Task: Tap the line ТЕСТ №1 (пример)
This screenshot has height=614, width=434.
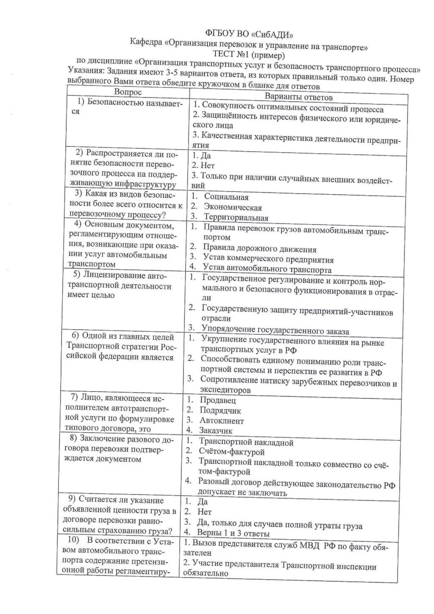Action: [x=249, y=55]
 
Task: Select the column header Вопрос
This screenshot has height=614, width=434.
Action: [x=128, y=92]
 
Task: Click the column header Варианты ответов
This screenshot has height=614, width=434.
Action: [x=299, y=97]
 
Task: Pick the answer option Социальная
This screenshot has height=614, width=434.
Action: [x=226, y=197]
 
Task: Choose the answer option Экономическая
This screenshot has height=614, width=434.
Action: [x=233, y=208]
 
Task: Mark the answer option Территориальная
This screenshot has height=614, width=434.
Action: [x=236, y=218]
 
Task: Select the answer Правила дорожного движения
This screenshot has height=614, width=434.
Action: [x=259, y=249]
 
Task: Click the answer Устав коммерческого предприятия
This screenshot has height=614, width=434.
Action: [x=268, y=259]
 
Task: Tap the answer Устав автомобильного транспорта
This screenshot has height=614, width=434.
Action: [x=267, y=269]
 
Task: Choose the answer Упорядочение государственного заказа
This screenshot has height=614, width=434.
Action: [x=275, y=330]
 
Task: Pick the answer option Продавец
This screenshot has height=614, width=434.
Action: [x=217, y=400]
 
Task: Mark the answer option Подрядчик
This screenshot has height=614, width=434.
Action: [x=220, y=411]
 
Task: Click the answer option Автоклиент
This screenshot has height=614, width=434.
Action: [x=222, y=421]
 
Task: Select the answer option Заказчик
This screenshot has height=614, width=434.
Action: [x=216, y=431]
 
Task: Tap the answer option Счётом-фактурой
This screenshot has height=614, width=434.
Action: [x=231, y=452]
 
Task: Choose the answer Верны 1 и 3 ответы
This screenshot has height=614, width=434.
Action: [x=233, y=533]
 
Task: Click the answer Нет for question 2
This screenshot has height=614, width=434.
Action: [x=208, y=166]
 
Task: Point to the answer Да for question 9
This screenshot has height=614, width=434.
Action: [x=203, y=502]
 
